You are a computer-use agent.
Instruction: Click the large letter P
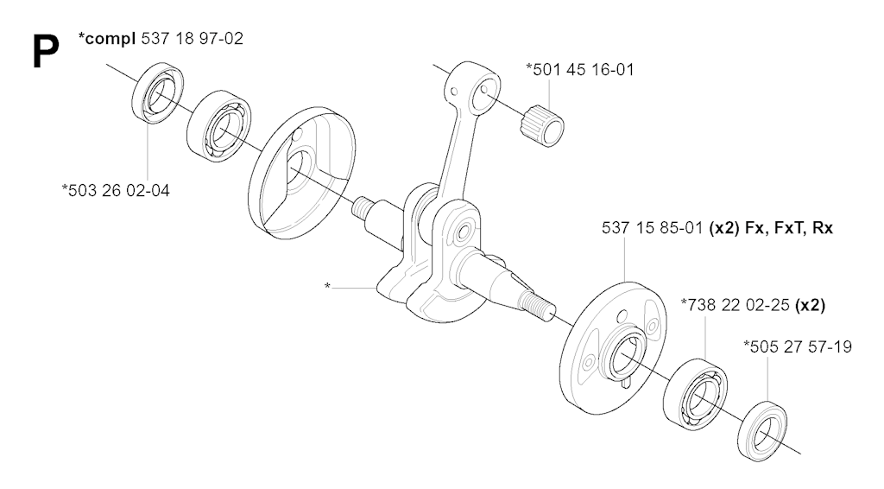[x=46, y=51]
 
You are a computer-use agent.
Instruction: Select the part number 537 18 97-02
[x=192, y=38]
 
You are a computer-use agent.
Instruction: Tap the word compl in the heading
[x=110, y=39]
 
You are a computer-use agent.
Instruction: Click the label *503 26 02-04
[x=116, y=190]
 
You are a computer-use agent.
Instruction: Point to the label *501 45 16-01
[x=579, y=69]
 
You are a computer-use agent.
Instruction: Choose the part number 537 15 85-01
[x=653, y=228]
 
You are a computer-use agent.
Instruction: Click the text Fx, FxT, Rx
[x=789, y=228]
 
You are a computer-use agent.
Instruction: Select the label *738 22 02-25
[x=736, y=305]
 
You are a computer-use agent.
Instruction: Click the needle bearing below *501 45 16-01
[x=542, y=125]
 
